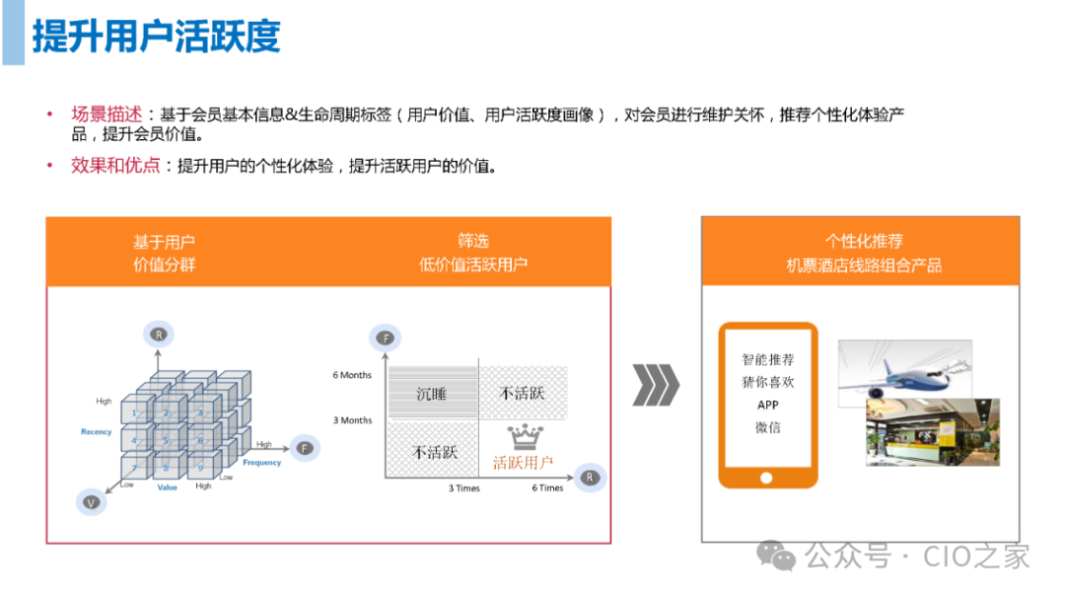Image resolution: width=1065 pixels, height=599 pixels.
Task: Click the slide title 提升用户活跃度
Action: pyautogui.click(x=156, y=37)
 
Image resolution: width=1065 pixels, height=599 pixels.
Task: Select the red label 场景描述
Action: pyautogui.click(x=106, y=114)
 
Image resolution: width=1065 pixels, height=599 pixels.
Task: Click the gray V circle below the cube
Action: pyautogui.click(x=91, y=502)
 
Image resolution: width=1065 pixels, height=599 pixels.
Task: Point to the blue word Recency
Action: pyautogui.click(x=97, y=432)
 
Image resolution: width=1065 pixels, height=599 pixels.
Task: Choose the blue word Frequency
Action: pyautogui.click(x=262, y=462)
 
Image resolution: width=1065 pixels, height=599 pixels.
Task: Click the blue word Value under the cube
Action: pyautogui.click(x=168, y=487)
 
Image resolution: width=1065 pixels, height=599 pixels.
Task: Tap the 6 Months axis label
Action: pyautogui.click(x=352, y=375)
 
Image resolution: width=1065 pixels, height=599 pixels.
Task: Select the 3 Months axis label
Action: pyautogui.click(x=352, y=420)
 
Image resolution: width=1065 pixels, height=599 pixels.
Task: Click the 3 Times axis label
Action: pyautogui.click(x=464, y=487)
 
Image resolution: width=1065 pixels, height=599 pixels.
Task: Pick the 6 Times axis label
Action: pyautogui.click(x=548, y=487)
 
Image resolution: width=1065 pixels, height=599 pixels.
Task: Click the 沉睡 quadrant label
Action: pyautogui.click(x=431, y=394)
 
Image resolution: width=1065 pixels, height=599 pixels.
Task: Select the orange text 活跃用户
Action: pyautogui.click(x=523, y=462)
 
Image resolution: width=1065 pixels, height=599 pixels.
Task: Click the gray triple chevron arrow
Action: pyautogui.click(x=655, y=385)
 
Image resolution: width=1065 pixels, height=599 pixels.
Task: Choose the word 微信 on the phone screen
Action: pyautogui.click(x=768, y=427)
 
